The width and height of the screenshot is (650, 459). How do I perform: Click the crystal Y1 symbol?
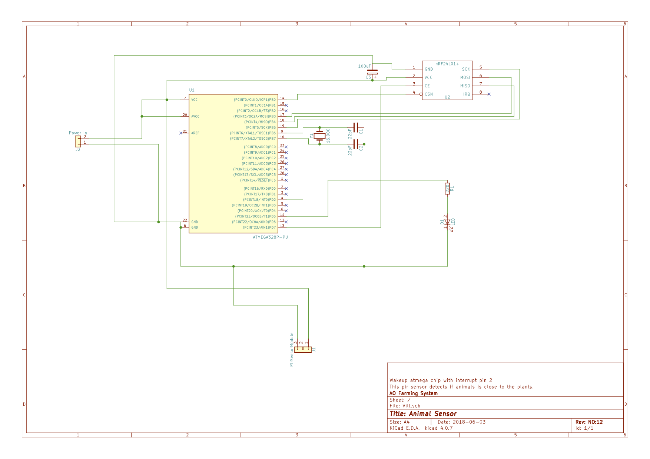tap(319, 136)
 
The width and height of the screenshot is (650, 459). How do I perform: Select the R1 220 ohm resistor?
tap(447, 189)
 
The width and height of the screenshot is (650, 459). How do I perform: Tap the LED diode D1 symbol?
tap(447, 222)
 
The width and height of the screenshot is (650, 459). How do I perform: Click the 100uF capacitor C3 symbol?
tap(372, 72)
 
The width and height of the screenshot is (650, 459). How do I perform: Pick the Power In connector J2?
tap(78, 141)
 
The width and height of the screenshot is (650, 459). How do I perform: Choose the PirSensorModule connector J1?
tap(303, 349)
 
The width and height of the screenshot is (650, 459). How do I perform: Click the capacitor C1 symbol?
tap(356, 128)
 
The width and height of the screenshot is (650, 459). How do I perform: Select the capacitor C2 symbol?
tap(356, 144)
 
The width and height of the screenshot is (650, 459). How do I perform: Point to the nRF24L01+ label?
tap(447, 64)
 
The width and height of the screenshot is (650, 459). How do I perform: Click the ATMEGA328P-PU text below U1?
tap(270, 237)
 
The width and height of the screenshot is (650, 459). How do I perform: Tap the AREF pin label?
tap(195, 133)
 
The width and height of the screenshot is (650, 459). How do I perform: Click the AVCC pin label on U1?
tap(195, 116)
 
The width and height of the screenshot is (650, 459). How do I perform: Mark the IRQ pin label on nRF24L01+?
tap(466, 94)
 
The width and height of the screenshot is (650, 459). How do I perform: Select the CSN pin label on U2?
tap(429, 94)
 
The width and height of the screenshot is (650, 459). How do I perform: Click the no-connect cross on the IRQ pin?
tap(489, 94)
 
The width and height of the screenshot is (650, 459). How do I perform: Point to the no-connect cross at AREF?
tap(181, 133)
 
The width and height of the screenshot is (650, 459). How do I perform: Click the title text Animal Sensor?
tap(423, 414)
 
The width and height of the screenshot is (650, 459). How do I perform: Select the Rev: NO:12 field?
tap(589, 422)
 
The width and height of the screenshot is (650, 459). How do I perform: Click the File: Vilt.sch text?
tap(405, 406)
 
